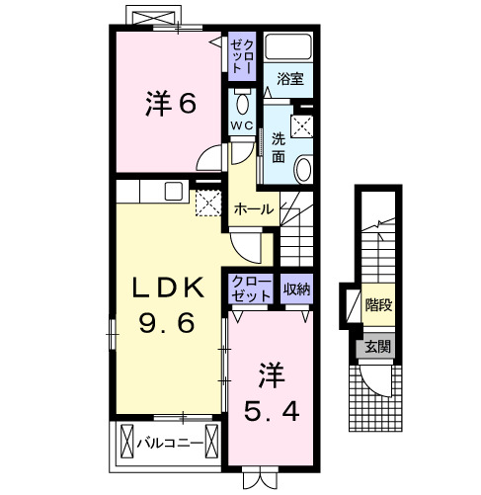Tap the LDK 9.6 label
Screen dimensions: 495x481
[x=169, y=305]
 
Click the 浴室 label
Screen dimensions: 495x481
[x=288, y=78]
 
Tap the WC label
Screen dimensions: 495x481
[x=242, y=124]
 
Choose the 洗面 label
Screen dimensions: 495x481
[x=279, y=146]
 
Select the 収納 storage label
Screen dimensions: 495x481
[x=296, y=289]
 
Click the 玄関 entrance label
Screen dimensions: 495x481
[x=376, y=346]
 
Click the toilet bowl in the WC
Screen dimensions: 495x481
[x=242, y=101]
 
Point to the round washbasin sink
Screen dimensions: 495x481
[x=304, y=169]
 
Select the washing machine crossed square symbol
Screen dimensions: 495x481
[x=302, y=125]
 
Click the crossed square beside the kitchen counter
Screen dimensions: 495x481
[x=207, y=203]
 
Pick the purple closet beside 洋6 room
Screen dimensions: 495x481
[x=241, y=56]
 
